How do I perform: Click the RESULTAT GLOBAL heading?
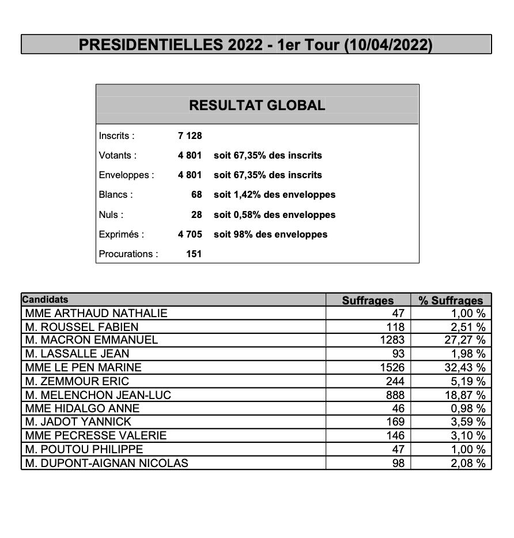257,106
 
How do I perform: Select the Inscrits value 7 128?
190,136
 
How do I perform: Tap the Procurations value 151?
194,254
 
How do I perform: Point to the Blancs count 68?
196,195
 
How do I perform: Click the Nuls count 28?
196,215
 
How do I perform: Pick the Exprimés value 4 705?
190,234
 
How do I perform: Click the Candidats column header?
45,299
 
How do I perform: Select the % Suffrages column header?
451,300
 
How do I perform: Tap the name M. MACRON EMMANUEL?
92,340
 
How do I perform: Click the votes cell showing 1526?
393,367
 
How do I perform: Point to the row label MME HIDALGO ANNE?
82,408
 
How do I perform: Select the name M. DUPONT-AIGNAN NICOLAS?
107,462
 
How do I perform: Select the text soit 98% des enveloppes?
270,234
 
